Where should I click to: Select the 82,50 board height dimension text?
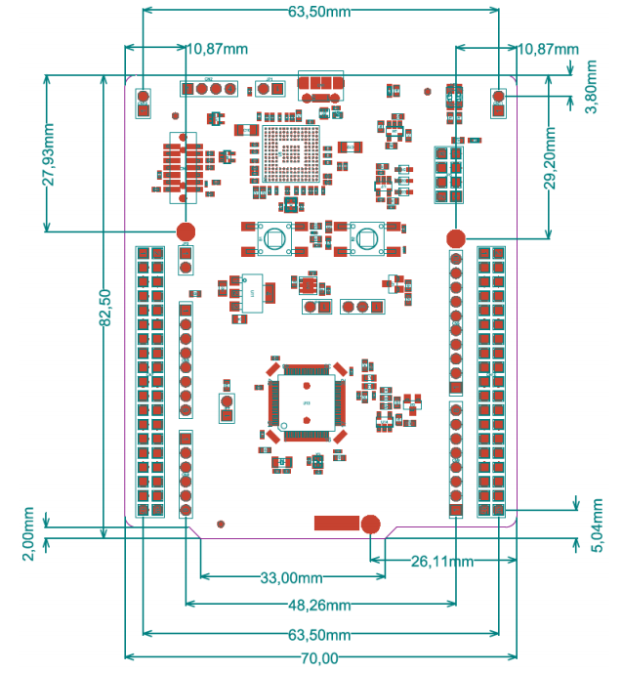pos(105,308)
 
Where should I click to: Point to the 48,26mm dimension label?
pos(319,606)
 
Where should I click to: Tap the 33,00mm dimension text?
pos(291,577)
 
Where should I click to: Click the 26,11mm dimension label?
pos(442,561)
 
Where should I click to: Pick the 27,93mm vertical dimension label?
pos(49,154)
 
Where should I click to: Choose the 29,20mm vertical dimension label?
pos(550,158)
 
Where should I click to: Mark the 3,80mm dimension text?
pos(591,87)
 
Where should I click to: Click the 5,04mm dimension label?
pos(597,526)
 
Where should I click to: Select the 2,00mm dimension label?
pos(28,533)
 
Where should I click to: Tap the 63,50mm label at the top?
pos(319,12)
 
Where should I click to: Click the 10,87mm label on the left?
pos(217,49)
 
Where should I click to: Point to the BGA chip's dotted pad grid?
pos(291,153)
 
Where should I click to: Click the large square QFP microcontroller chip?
pos(307,402)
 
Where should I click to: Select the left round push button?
pos(274,238)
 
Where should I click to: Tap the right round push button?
pos(367,238)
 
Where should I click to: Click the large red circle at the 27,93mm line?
pos(186,231)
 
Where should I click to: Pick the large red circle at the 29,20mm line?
pos(456,238)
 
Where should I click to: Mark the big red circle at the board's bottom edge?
pos(370,525)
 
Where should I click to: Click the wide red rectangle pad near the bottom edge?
pos(337,523)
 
